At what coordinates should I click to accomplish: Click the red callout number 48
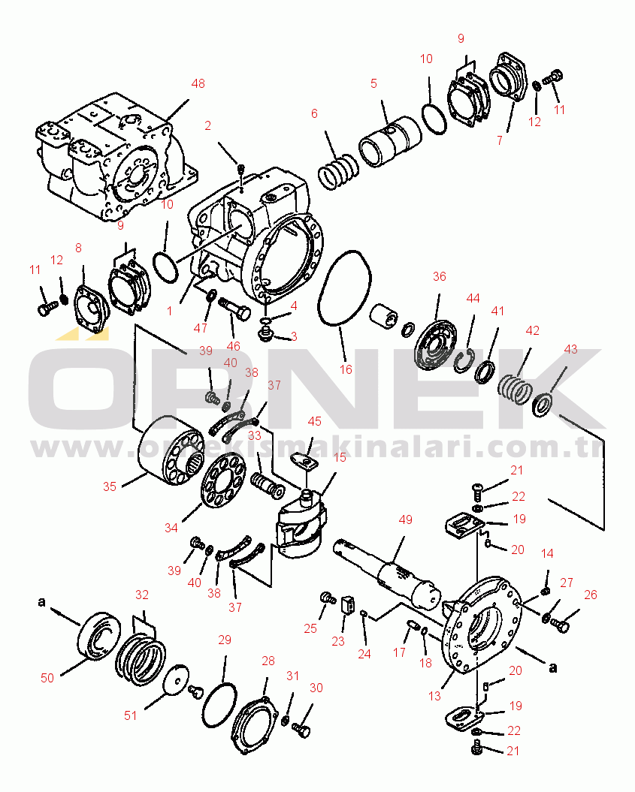[198, 83]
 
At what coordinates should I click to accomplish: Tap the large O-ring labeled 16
[319, 303]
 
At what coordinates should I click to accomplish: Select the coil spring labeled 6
[338, 172]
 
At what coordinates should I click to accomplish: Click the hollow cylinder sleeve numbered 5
[389, 142]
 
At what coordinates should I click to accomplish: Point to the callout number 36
[440, 276]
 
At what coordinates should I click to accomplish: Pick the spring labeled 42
[515, 388]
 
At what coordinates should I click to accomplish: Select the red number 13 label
[434, 696]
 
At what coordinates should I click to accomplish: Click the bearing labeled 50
[99, 635]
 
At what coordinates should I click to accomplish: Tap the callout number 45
[314, 421]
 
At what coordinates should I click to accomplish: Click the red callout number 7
[500, 140]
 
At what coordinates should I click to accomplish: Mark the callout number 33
[254, 435]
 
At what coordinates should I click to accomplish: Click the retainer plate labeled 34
[223, 480]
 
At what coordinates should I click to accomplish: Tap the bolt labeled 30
[301, 730]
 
